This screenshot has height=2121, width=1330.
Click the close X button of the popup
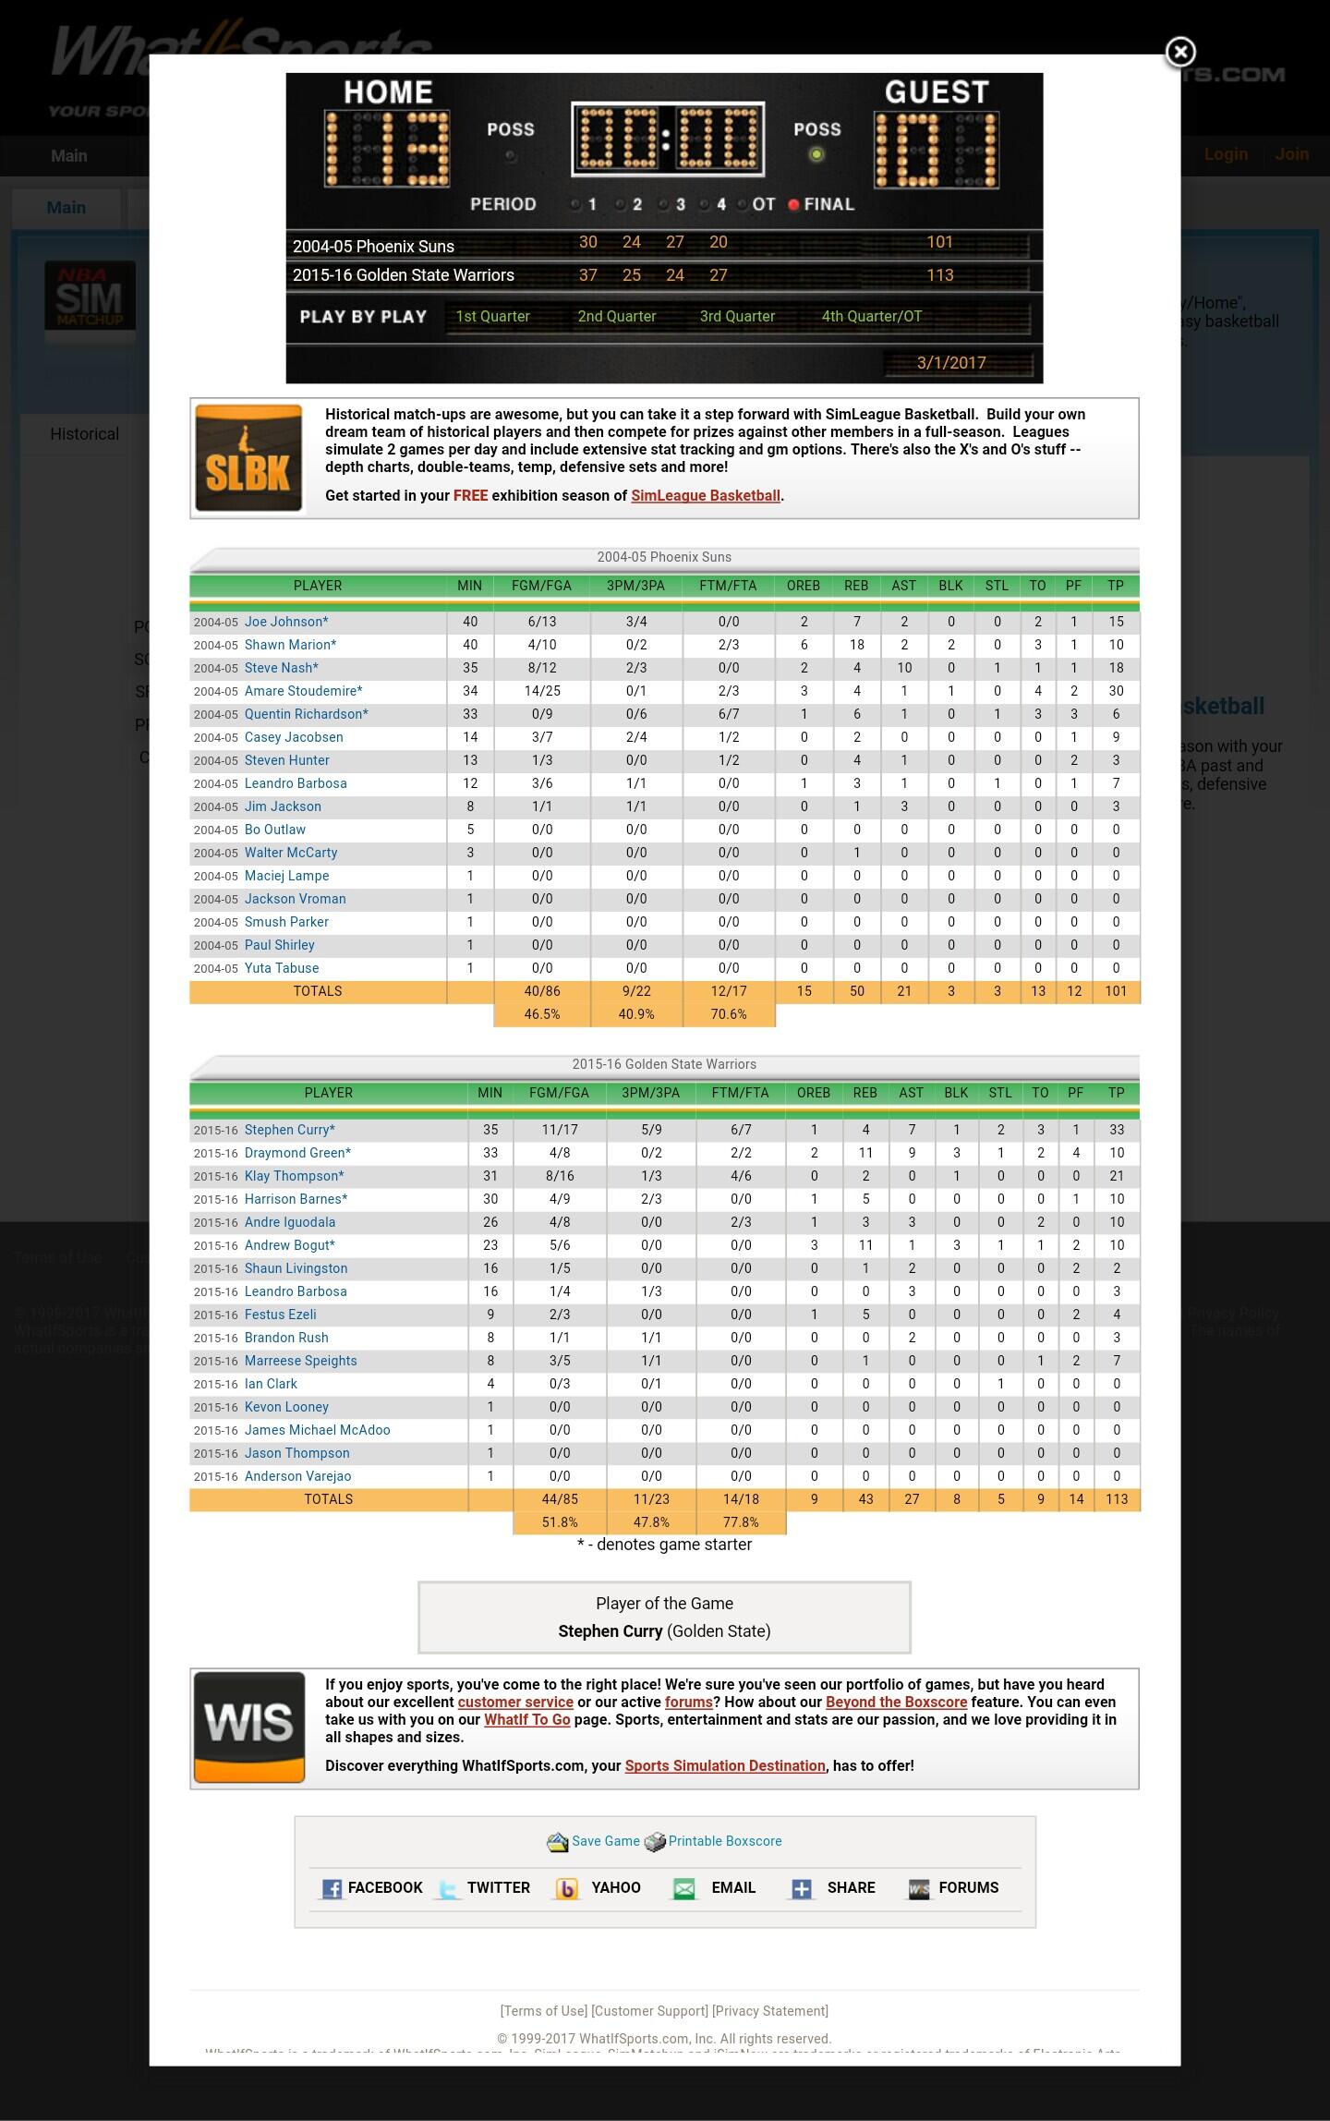pyautogui.click(x=1179, y=53)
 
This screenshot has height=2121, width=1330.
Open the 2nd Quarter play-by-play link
pyautogui.click(x=616, y=316)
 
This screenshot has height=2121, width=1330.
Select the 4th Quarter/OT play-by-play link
pyautogui.click(x=871, y=316)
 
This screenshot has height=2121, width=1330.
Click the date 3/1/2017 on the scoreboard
pyautogui.click(x=950, y=362)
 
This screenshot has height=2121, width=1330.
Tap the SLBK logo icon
pyautogui.click(x=248, y=458)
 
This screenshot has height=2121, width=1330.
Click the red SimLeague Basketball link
pyautogui.click(x=706, y=496)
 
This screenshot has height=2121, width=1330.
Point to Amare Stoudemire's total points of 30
pyautogui.click(x=1116, y=691)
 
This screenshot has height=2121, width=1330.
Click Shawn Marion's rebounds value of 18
pyautogui.click(x=856, y=645)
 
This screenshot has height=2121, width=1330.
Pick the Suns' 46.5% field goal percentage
pyautogui.click(x=541, y=1014)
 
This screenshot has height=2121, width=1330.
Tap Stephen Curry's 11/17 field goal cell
pyautogui.click(x=559, y=1130)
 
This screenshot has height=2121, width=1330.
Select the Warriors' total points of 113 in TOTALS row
pyautogui.click(x=1116, y=1499)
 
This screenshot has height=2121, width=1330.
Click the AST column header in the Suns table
pyautogui.click(x=903, y=586)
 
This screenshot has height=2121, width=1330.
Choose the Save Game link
pyautogui.click(x=605, y=1841)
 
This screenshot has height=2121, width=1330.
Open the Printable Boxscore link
pyautogui.click(x=724, y=1841)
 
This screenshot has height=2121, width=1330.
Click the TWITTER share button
pyautogui.click(x=497, y=1887)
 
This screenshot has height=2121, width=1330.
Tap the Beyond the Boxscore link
pyautogui.click(x=896, y=1702)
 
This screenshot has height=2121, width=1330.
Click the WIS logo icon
pyautogui.click(x=248, y=1727)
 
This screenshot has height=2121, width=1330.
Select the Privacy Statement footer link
pyautogui.click(x=770, y=2011)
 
